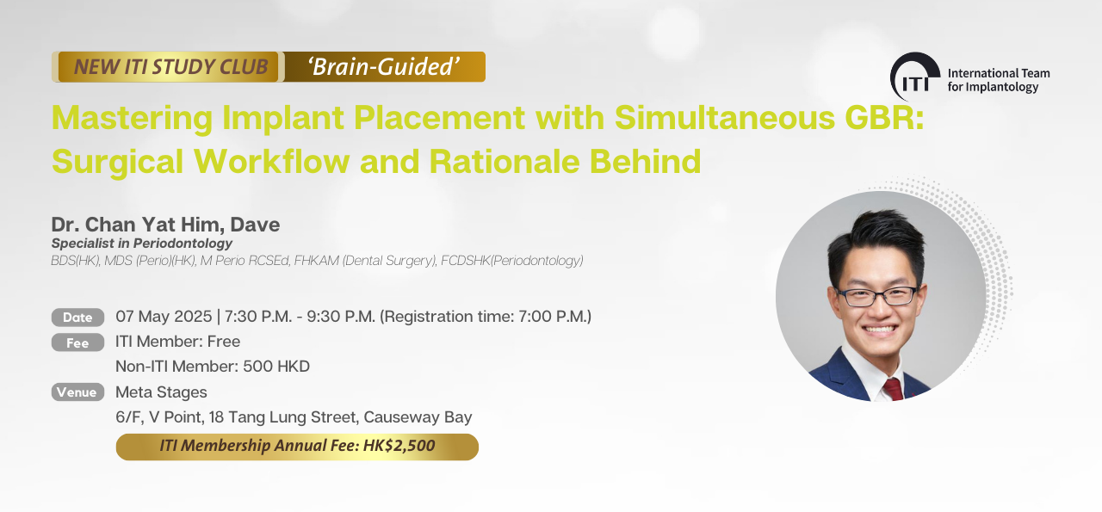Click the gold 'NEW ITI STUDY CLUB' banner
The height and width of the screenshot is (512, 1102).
168,67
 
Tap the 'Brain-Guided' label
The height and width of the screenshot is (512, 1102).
384,67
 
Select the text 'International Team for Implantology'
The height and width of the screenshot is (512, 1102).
999,80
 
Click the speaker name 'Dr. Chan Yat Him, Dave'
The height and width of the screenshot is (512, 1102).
166,225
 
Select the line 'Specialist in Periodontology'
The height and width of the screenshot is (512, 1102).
142,243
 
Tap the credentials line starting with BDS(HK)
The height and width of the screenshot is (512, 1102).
318,260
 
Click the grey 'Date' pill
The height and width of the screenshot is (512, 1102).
77,318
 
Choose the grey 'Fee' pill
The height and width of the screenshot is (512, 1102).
77,342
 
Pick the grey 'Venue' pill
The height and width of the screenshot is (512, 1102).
77,392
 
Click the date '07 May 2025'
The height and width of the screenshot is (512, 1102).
164,317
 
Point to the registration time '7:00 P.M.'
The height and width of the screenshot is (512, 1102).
553,317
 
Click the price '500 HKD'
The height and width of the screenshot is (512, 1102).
276,367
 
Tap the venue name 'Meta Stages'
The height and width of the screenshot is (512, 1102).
161,392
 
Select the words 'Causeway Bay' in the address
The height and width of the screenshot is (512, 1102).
418,417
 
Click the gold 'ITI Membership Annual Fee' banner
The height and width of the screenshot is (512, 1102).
297,447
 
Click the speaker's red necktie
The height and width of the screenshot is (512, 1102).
894,390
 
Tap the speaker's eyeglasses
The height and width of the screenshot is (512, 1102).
877,296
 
